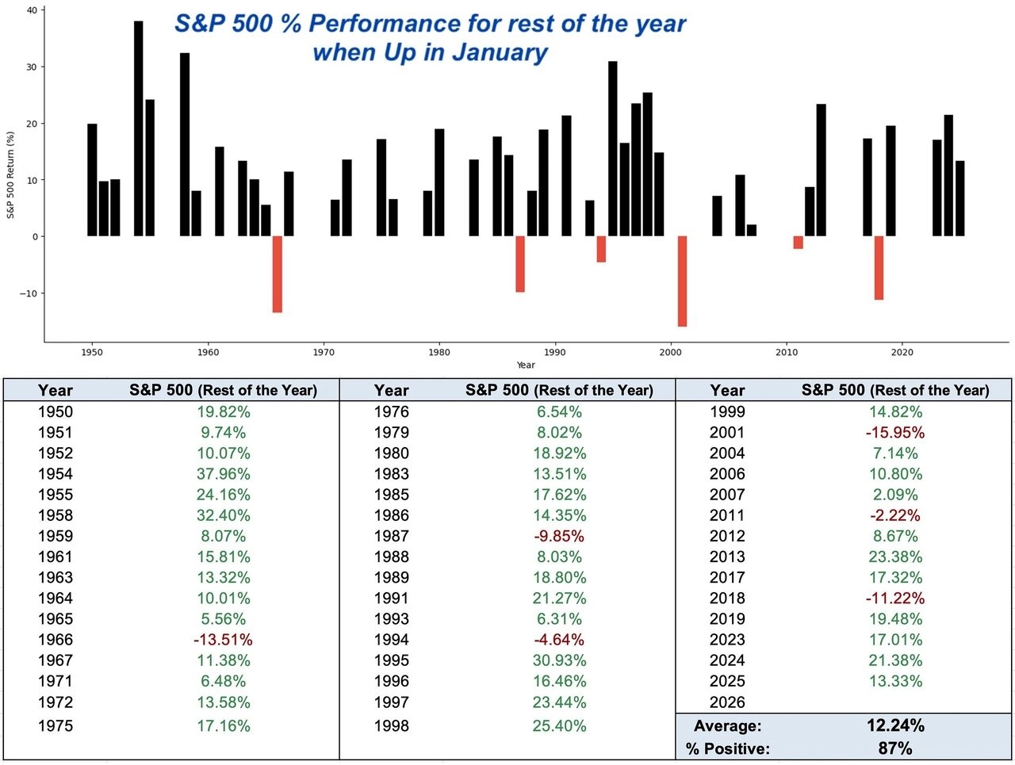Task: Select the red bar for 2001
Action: click(x=682, y=281)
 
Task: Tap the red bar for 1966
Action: click(x=277, y=274)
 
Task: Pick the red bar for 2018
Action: click(x=879, y=268)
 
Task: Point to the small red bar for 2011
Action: click(x=798, y=243)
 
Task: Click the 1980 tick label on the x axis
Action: click(x=439, y=352)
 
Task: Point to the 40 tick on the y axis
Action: click(x=31, y=10)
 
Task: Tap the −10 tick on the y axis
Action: click(x=28, y=293)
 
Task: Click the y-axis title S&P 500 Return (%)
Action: click(x=11, y=174)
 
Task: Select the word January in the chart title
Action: click(x=500, y=52)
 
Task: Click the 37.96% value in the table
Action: click(x=223, y=474)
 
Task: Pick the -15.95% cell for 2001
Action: click(x=894, y=433)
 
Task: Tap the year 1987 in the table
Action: click(x=391, y=536)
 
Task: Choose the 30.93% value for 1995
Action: click(x=559, y=660)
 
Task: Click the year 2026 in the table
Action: click(x=727, y=702)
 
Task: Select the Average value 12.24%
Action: click(x=894, y=725)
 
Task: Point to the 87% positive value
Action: click(x=894, y=748)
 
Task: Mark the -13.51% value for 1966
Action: click(x=223, y=640)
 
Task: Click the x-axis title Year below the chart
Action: click(x=525, y=365)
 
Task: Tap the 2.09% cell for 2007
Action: click(x=894, y=495)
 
